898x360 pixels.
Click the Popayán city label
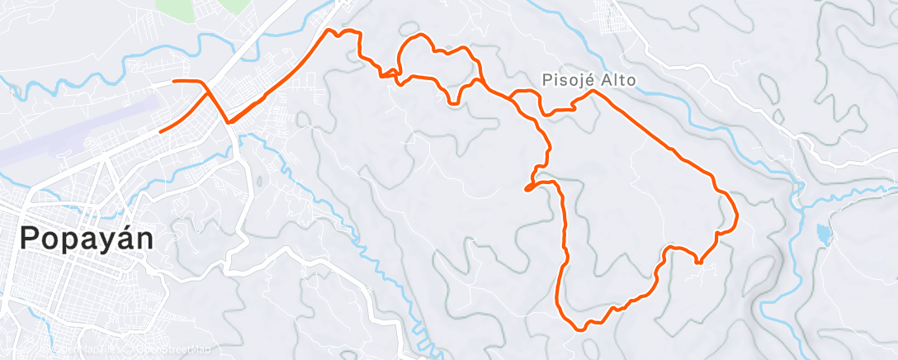87,238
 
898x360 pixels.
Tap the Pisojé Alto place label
584,79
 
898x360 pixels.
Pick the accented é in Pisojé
581,79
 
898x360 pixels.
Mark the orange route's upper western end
173,81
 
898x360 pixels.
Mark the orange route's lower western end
160,131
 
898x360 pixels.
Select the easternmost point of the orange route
735,216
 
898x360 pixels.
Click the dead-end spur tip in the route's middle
527,189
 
